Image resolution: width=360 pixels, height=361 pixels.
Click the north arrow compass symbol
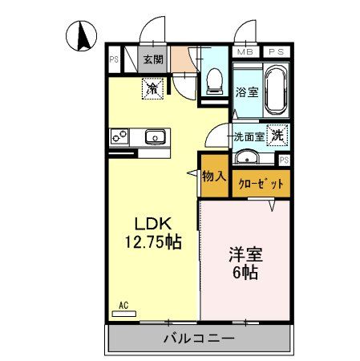(x=83, y=36)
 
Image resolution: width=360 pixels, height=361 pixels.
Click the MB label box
(x=245, y=52)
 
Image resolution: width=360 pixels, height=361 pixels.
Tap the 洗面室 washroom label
(x=249, y=136)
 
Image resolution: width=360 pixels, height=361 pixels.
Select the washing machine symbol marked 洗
(x=277, y=136)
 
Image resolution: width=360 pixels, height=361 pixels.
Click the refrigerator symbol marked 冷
(x=152, y=88)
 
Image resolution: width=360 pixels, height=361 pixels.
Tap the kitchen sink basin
(x=155, y=137)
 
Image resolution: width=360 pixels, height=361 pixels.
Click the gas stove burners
(x=120, y=137)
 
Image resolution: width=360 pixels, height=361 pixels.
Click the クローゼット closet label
(x=261, y=184)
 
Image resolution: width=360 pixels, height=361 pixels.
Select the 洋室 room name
(x=245, y=255)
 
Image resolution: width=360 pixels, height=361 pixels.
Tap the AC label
(x=123, y=304)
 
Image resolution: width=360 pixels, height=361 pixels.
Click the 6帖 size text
(x=245, y=274)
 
